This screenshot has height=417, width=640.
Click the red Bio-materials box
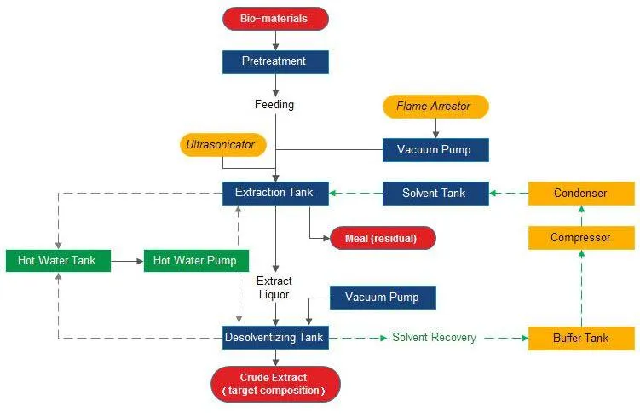[x=275, y=18]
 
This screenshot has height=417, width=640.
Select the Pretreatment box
[x=275, y=61]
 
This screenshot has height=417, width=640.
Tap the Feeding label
[x=274, y=105]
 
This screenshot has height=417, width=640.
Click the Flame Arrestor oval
[x=435, y=107]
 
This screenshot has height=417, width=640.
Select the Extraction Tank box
[x=275, y=193]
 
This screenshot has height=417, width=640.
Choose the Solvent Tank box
[x=434, y=194]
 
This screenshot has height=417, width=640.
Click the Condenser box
[x=580, y=194]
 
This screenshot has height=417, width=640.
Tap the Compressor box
[x=580, y=238]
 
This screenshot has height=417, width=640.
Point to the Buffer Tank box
[x=580, y=338]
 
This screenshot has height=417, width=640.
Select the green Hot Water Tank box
[x=57, y=260]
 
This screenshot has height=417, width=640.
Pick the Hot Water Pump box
[x=196, y=260]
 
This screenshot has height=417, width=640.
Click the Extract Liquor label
[x=274, y=288]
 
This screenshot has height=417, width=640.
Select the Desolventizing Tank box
[x=274, y=338]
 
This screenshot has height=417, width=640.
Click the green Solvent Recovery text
[x=434, y=338]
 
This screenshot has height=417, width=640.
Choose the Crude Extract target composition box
[x=274, y=384]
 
